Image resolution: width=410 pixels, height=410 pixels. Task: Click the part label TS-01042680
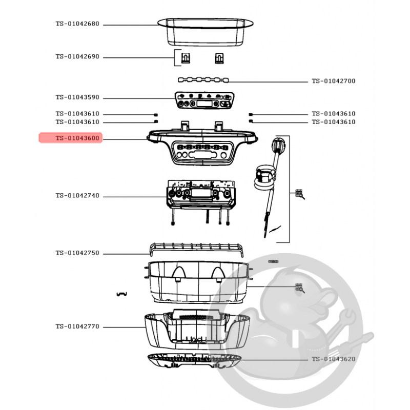pyautogui.click(x=77, y=24)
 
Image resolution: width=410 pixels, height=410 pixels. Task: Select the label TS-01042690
pyautogui.click(x=77, y=56)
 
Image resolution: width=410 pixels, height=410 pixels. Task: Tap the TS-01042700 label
pyautogui.click(x=334, y=81)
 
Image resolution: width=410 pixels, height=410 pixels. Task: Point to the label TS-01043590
pyautogui.click(x=77, y=97)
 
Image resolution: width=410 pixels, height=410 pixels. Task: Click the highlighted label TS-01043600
pyautogui.click(x=77, y=138)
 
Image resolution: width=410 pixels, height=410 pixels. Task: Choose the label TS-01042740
pyautogui.click(x=77, y=196)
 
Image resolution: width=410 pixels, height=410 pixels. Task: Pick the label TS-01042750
pyautogui.click(x=77, y=253)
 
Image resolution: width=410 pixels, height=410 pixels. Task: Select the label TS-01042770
pyautogui.click(x=77, y=326)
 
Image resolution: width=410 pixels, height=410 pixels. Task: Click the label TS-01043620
pyautogui.click(x=334, y=359)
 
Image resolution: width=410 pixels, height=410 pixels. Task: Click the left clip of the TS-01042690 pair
pyautogui.click(x=186, y=58)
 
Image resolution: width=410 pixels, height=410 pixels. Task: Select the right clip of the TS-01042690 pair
pyautogui.click(x=219, y=58)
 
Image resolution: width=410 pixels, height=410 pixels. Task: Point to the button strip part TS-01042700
pyautogui.click(x=203, y=80)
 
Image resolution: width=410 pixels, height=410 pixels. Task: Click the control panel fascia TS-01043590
pyautogui.click(x=204, y=100)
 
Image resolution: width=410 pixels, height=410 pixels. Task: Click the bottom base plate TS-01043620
pyautogui.click(x=194, y=361)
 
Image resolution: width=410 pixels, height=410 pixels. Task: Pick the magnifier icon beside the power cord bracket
pyautogui.click(x=300, y=194)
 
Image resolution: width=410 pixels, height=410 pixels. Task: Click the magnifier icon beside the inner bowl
pyautogui.click(x=300, y=288)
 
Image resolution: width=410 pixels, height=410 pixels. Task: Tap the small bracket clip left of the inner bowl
pyautogui.click(x=121, y=294)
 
